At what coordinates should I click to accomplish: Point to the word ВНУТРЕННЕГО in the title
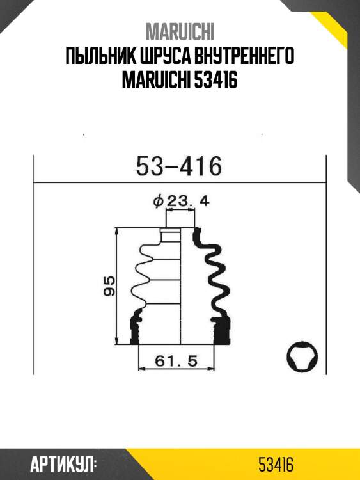point(240,58)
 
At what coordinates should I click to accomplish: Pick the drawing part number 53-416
point(179,167)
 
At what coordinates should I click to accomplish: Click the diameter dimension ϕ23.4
point(182,201)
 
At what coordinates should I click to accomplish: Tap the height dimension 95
point(109,285)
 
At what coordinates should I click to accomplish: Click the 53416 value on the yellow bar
point(276,464)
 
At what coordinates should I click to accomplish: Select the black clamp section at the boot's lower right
point(222,330)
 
